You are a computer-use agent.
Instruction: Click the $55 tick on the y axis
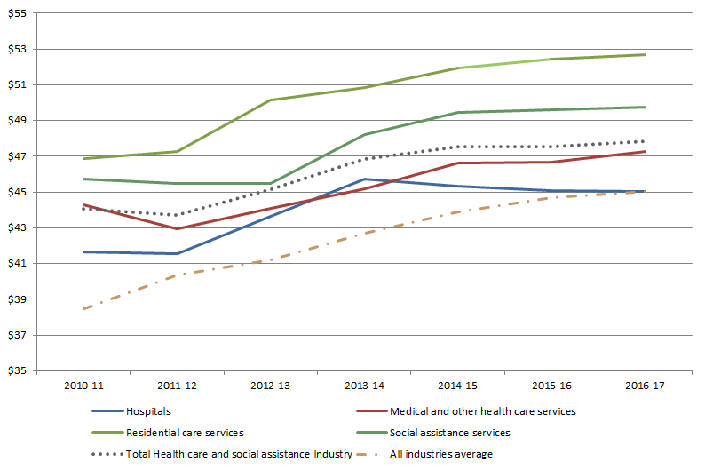tap(17, 13)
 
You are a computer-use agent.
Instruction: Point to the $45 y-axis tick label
tap(17, 192)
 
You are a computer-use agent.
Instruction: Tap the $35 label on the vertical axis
tap(17, 370)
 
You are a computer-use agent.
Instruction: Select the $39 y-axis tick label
tap(17, 299)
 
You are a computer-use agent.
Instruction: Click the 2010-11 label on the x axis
tap(83, 388)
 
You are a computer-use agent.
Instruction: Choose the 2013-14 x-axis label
tap(364, 388)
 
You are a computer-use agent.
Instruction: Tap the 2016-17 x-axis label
tap(645, 388)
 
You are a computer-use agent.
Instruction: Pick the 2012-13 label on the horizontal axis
tap(270, 388)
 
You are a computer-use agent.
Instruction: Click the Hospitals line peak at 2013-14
tap(364, 179)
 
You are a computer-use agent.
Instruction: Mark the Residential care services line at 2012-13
tap(270, 100)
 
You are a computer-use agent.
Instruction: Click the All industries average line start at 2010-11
tap(83, 308)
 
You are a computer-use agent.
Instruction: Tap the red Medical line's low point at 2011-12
tap(177, 229)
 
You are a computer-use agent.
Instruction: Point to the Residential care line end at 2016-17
tap(645, 55)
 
